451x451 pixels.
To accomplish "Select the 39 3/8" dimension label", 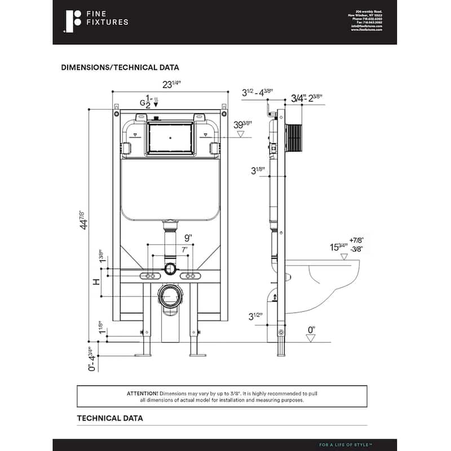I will (243, 125).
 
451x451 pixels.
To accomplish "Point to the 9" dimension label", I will (170, 237).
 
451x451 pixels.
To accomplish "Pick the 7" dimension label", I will (170, 249).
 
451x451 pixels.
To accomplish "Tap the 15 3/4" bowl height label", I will (338, 246).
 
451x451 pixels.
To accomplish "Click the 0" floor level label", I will (311, 329).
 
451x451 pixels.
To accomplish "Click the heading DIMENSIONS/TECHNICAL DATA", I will (120, 67).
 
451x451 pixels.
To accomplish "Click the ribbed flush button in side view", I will (296, 137).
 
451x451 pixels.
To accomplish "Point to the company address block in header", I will (366, 21).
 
